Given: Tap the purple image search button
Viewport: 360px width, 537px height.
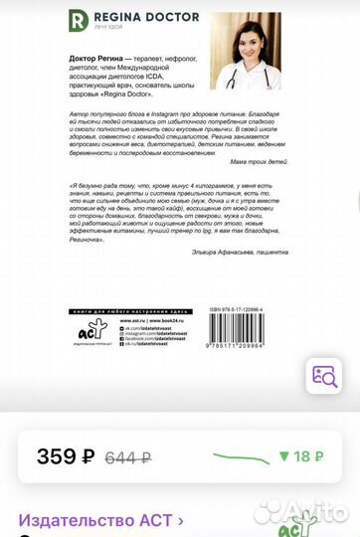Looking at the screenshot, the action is tap(324, 376).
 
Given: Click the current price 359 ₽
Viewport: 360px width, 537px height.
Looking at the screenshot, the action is tap(65, 457).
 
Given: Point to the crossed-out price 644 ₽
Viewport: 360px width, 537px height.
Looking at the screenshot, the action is tap(127, 457).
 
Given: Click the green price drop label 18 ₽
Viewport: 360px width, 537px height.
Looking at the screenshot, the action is tap(301, 456).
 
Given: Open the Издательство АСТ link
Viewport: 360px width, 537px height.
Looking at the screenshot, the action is tap(100, 519).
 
